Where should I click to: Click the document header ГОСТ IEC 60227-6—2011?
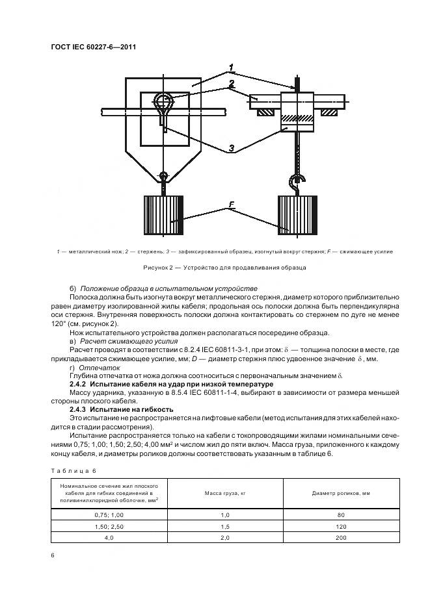(x=94, y=47)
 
